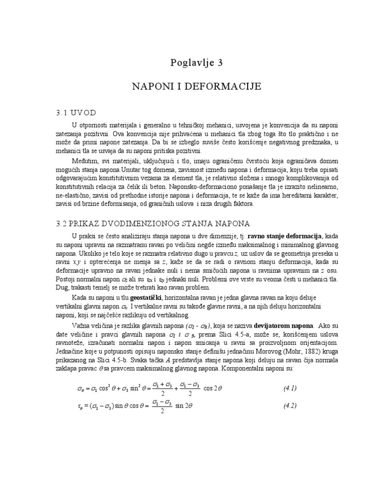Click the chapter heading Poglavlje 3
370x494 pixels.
pos(197,62)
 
